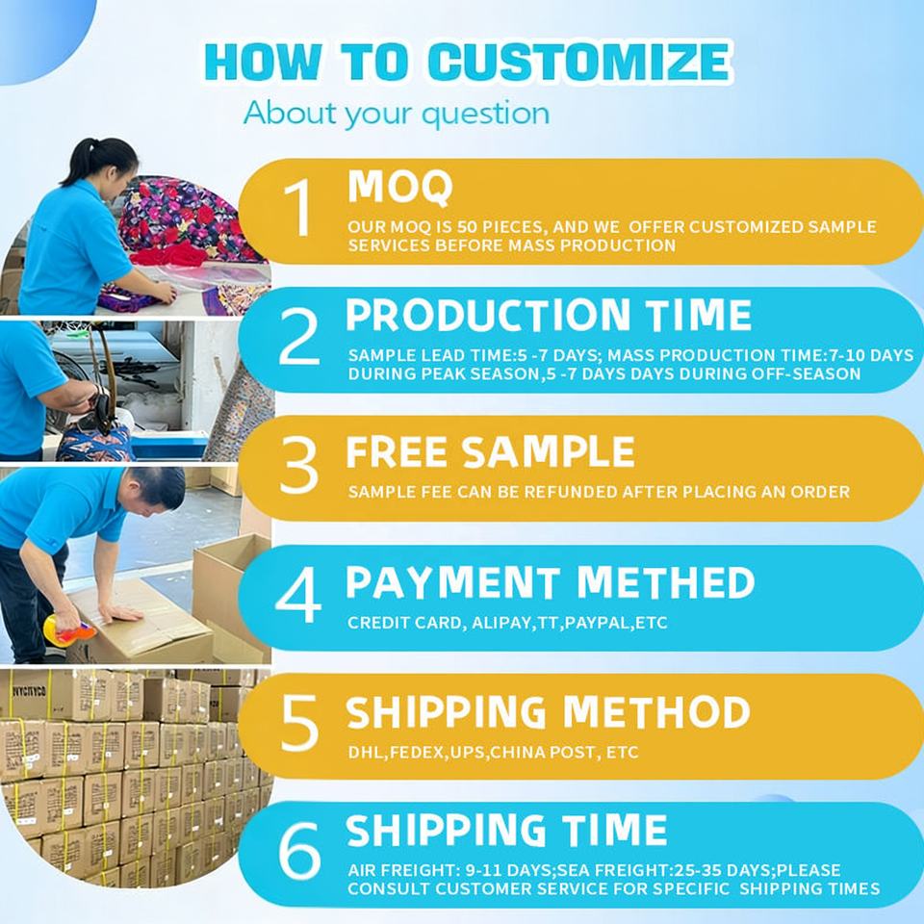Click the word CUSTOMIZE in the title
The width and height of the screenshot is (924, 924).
(579, 62)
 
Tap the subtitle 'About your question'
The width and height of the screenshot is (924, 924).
(397, 114)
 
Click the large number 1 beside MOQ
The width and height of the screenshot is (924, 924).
(298, 208)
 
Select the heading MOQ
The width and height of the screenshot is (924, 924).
(400, 188)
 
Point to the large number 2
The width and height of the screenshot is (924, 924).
(299, 337)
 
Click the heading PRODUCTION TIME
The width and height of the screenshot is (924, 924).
(549, 315)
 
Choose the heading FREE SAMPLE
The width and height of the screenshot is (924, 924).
(490, 452)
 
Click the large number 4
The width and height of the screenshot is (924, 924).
(298, 595)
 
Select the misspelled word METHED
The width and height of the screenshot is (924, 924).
(666, 582)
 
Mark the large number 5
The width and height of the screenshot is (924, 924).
(299, 723)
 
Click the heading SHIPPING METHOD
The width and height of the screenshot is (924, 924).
(548, 712)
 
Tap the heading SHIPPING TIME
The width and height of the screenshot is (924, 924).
(506, 830)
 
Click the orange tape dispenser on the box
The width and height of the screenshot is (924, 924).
(68, 629)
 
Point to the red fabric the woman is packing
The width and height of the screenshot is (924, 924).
(168, 254)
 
